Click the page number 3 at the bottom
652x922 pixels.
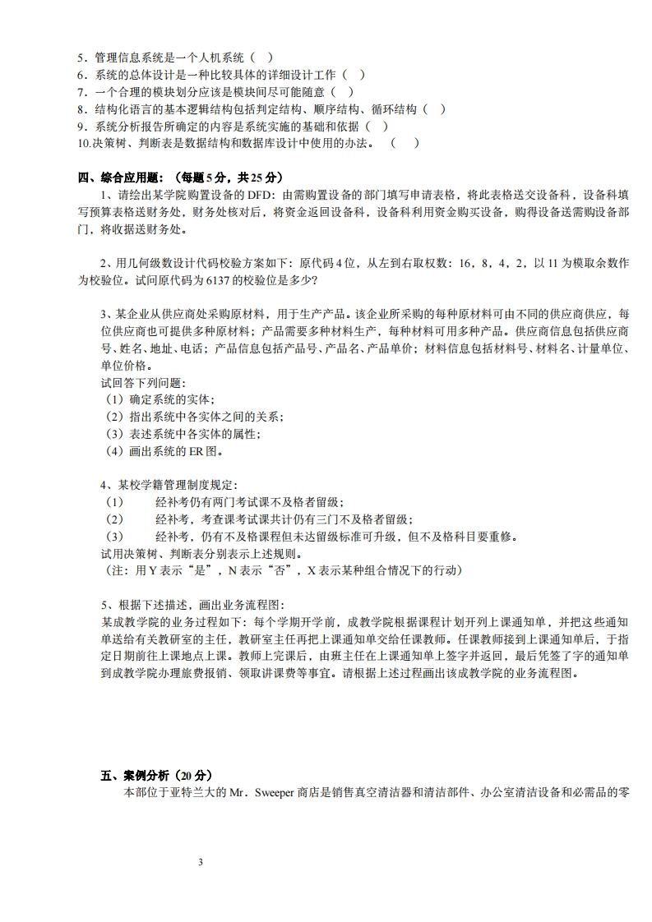[x=200, y=862]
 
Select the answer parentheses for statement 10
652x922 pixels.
[x=405, y=143]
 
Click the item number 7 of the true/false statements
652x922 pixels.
[x=81, y=91]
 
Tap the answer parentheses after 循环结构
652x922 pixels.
[x=435, y=108]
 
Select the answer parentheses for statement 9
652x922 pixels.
[x=377, y=126]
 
